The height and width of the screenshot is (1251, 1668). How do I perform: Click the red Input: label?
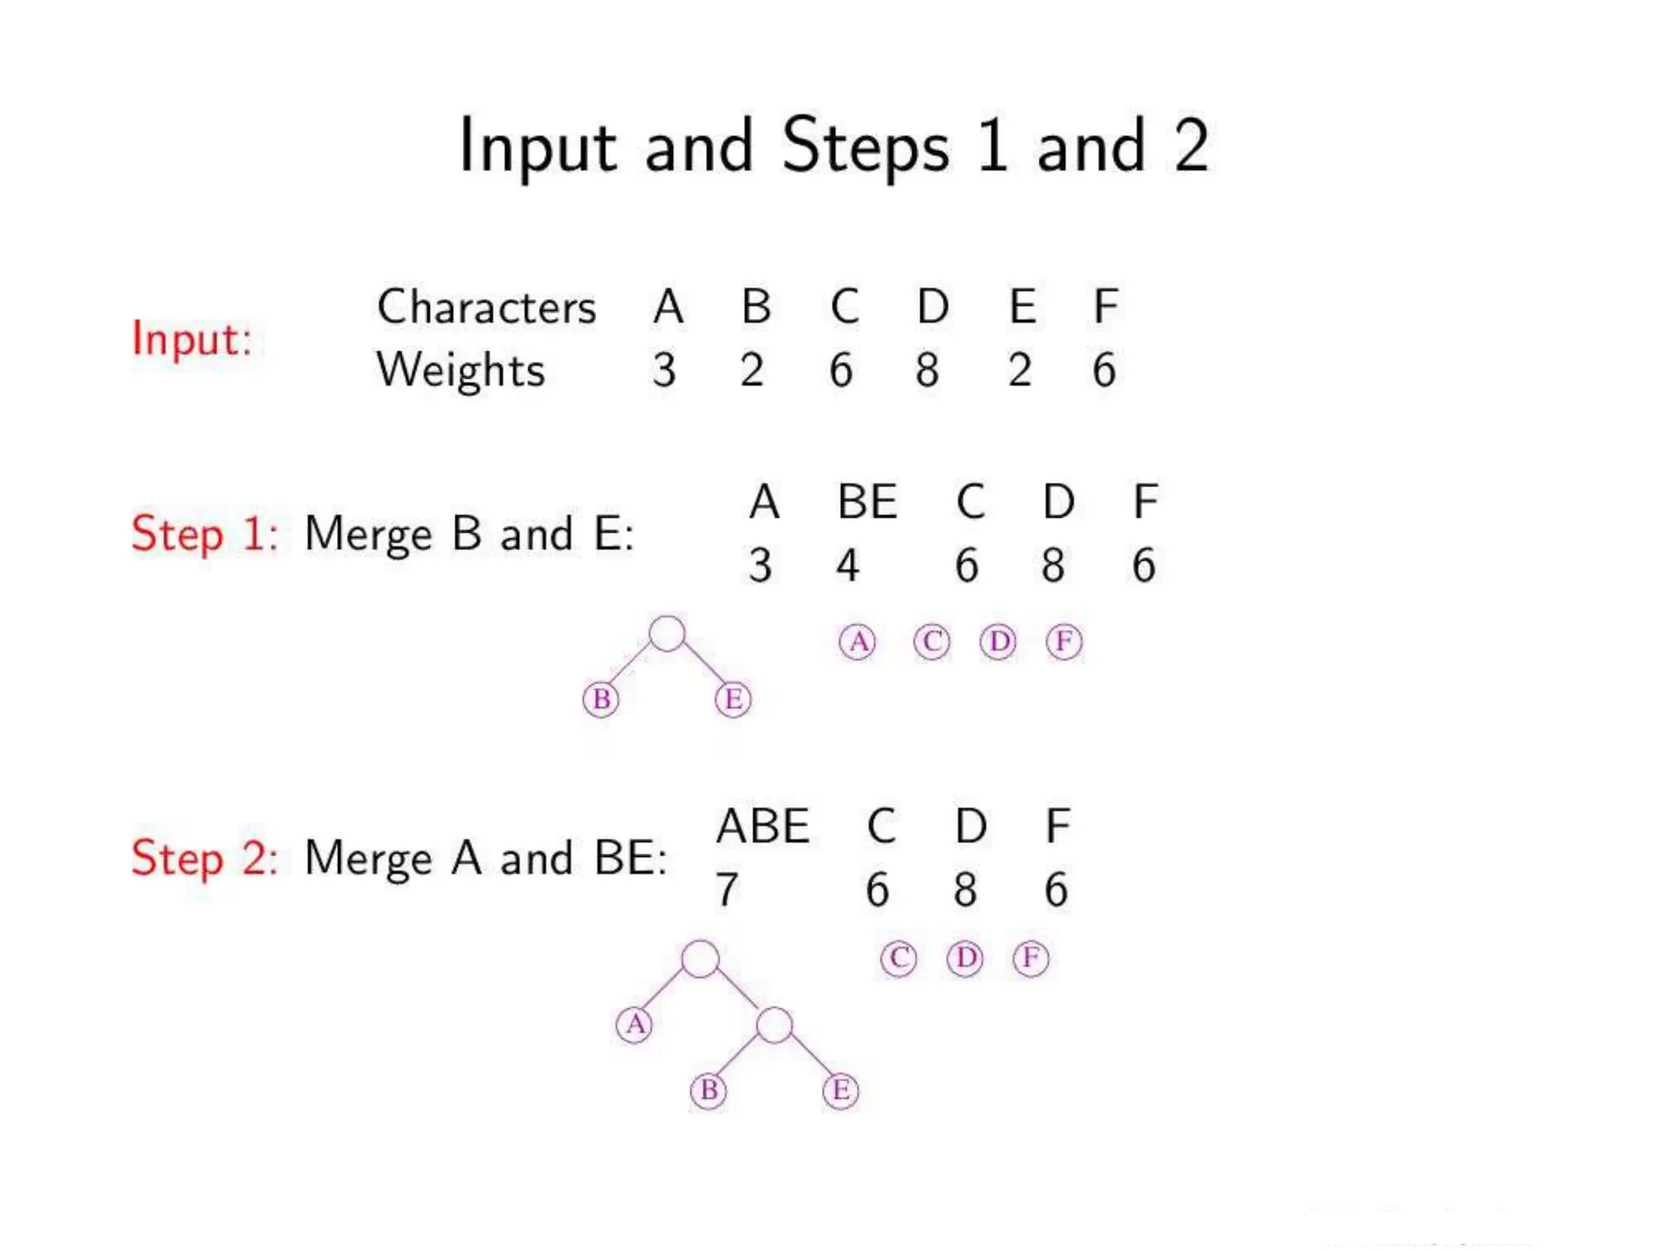(x=191, y=340)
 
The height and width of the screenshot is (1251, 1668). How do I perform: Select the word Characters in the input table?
(x=486, y=308)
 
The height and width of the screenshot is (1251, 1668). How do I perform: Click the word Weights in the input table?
(x=460, y=371)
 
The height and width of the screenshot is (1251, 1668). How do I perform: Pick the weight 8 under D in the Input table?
(x=927, y=371)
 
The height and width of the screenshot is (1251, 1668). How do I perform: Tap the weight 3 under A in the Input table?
(x=664, y=371)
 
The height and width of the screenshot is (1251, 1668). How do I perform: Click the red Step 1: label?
(x=204, y=534)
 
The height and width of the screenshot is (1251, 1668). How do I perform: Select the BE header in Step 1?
(x=867, y=502)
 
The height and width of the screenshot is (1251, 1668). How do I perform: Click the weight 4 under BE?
(x=848, y=565)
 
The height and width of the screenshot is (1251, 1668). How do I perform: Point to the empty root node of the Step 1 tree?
(x=667, y=634)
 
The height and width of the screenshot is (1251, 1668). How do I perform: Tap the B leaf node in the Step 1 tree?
(x=601, y=700)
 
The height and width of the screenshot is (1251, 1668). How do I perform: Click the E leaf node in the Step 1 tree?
(x=733, y=700)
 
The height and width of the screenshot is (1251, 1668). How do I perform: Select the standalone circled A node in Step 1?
(x=858, y=642)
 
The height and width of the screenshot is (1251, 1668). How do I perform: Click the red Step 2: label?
(x=204, y=858)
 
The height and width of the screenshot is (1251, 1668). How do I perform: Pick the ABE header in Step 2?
(x=762, y=826)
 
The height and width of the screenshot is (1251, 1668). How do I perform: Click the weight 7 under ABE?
(x=726, y=889)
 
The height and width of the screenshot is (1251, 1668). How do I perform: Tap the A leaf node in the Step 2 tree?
(x=634, y=1025)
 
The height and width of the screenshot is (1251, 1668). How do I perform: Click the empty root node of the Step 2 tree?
(x=700, y=959)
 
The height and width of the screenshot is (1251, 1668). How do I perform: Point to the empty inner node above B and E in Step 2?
(x=774, y=1025)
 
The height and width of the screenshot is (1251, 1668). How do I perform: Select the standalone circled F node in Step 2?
(x=1030, y=958)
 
